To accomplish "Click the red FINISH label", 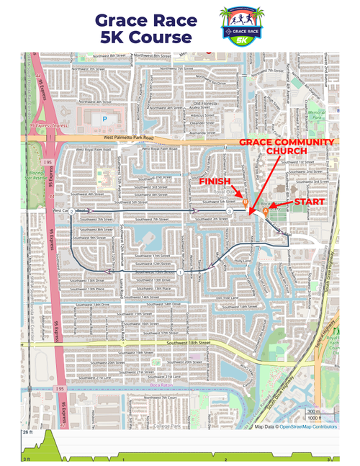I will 216,181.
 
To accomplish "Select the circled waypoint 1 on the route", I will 179,274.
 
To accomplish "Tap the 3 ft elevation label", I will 26,459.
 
